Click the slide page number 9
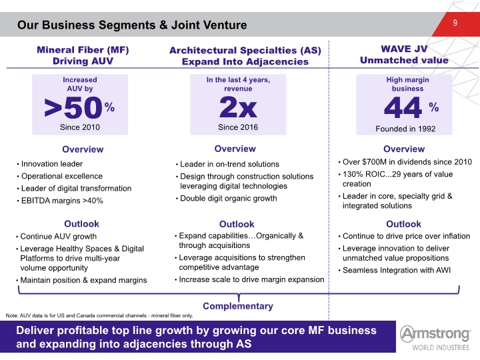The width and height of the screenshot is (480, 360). (455, 23)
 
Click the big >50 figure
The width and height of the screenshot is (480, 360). (73, 107)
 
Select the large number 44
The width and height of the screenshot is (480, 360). (403, 107)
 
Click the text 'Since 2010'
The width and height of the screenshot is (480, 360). (80, 127)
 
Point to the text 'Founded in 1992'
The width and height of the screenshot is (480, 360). (405, 129)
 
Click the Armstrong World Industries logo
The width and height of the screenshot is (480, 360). (435, 337)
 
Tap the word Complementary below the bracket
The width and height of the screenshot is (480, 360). (238, 306)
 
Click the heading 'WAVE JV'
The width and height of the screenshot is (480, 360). (404, 49)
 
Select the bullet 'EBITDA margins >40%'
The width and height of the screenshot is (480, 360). (62, 201)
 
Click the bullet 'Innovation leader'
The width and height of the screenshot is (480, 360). (52, 164)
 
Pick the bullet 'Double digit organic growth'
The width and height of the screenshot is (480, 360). (229, 199)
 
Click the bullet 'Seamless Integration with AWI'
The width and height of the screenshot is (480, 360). (397, 270)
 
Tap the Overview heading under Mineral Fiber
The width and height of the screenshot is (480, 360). (83, 149)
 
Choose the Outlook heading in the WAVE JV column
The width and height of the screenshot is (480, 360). (403, 224)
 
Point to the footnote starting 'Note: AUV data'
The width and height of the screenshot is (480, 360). (99, 315)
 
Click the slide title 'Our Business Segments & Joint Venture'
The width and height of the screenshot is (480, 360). (132, 25)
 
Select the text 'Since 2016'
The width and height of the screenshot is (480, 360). (238, 127)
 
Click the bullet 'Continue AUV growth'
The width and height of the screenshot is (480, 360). (59, 237)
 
